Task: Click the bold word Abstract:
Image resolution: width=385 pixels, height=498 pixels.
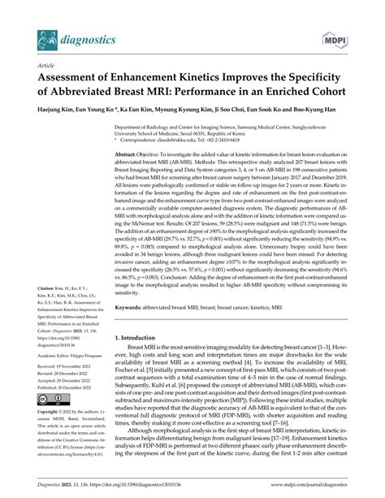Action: (130, 154)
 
